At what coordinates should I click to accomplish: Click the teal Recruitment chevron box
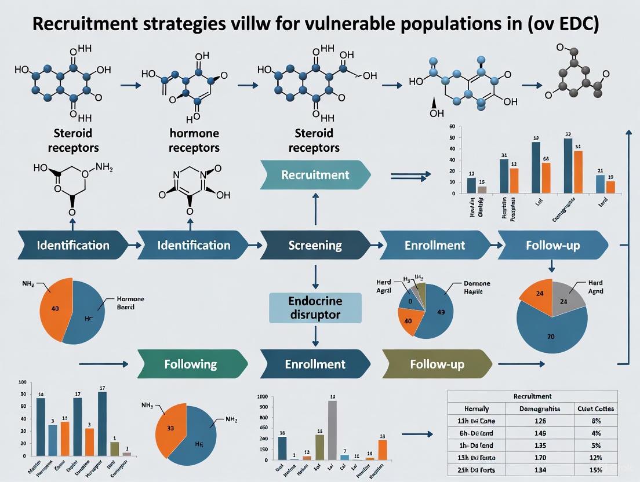315,174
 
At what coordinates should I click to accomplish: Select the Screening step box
315,245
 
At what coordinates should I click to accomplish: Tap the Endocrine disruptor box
315,308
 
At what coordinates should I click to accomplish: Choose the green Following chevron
190,364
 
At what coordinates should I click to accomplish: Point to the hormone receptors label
194,141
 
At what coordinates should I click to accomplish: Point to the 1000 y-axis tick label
262,397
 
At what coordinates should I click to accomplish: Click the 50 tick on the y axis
452,138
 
